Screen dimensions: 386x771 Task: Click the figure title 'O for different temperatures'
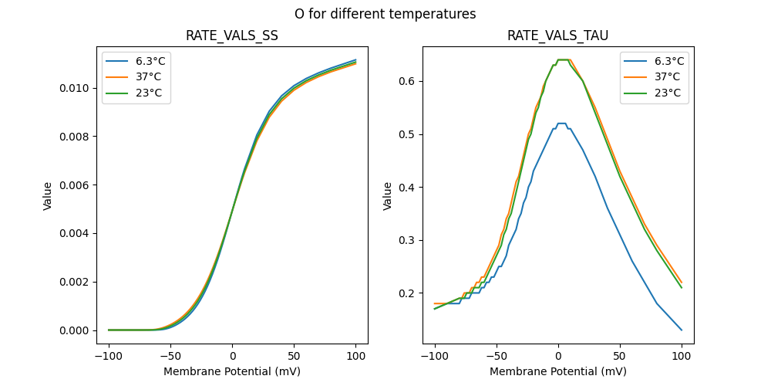tap(385, 14)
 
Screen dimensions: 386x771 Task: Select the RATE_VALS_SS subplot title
tap(232, 36)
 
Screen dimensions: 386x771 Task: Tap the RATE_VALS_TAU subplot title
tap(557, 36)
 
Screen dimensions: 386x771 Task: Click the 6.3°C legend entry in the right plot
tap(667, 61)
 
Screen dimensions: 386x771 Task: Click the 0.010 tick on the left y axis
tap(74, 88)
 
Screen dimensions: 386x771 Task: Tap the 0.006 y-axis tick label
tap(74, 185)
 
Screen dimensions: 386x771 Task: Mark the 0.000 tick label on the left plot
tap(74, 330)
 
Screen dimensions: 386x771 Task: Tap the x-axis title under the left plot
tap(232, 371)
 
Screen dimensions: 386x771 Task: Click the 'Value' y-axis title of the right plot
tap(388, 196)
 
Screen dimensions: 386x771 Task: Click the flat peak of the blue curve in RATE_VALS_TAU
tap(561, 124)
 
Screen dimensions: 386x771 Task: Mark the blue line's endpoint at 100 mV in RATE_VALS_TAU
tap(682, 330)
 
